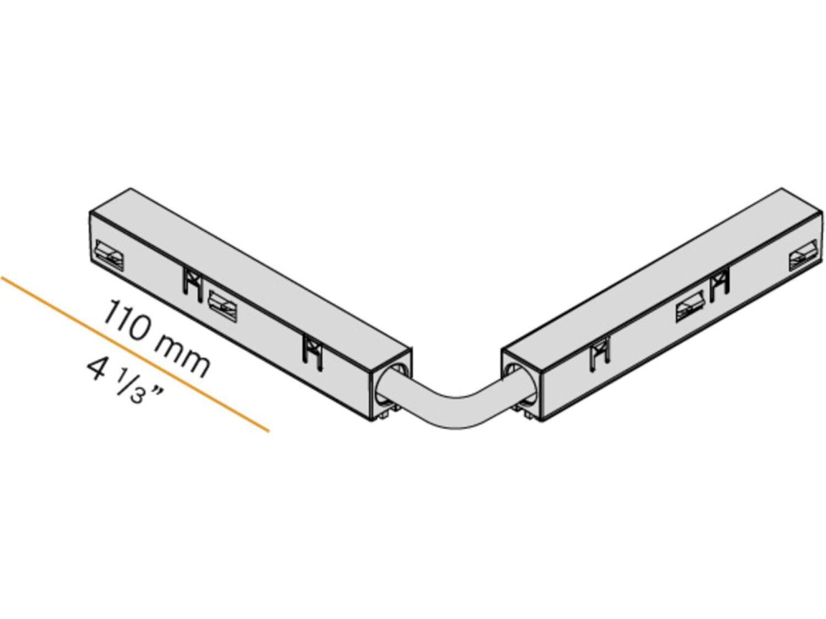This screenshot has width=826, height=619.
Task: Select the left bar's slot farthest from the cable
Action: (x=109, y=255)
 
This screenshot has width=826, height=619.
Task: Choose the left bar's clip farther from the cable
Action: (x=191, y=285)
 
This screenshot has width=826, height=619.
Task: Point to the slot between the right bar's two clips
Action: (x=691, y=310)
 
